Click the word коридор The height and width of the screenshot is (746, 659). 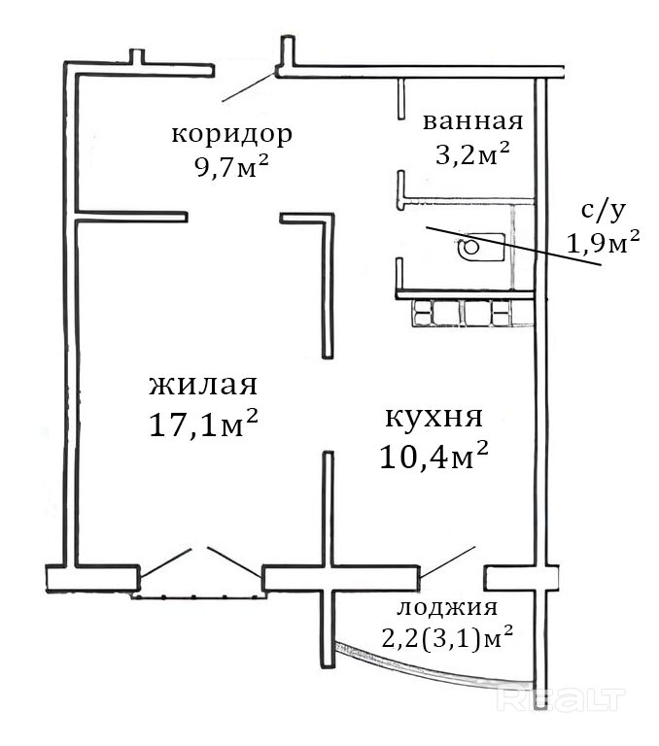coord(232,136)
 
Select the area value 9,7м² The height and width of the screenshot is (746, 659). coord(231,166)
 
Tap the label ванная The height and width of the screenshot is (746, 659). coord(472,121)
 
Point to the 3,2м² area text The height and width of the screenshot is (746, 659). coord(472,153)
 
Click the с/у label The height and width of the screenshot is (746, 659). coord(603,211)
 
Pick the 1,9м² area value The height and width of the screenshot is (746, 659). coord(603,242)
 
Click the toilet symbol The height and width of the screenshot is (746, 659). coord(482,247)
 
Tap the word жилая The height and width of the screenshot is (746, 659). coord(203,385)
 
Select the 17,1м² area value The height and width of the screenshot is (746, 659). coord(203,423)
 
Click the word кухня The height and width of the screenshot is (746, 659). coord(434,418)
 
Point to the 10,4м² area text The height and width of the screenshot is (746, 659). coord(434,456)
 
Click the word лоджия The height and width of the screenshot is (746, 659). coord(447,607)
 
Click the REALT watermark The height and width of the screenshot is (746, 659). coord(561,699)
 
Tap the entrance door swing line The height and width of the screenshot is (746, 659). coord(249,87)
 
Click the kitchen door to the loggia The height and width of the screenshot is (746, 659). coord(447,561)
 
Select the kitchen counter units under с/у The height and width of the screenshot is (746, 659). coord(472,313)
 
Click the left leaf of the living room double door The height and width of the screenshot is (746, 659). coord(165,562)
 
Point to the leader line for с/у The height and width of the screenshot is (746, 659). coord(513,246)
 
